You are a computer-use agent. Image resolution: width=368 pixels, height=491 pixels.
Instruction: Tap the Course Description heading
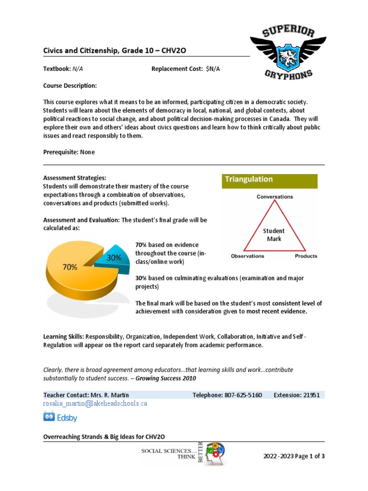pyautogui.click(x=70, y=86)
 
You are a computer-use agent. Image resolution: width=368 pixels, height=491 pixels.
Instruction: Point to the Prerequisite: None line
pyautogui.click(x=69, y=152)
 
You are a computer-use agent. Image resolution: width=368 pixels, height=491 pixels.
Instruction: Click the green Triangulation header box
pyautogui.click(x=269, y=180)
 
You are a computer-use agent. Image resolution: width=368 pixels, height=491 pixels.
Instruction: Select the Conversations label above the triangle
pyautogui.click(x=275, y=197)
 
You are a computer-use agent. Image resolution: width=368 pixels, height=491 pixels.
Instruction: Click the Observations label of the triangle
pyautogui.click(x=248, y=256)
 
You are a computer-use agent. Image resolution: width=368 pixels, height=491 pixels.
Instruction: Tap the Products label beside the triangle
pyautogui.click(x=306, y=256)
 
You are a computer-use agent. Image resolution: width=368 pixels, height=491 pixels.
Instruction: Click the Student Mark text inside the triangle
pyautogui.click(x=274, y=234)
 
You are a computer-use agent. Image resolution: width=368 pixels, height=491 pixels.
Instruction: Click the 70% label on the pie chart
pyautogui.click(x=69, y=267)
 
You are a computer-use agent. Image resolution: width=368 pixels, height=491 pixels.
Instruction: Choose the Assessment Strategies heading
pyautogui.click(x=75, y=177)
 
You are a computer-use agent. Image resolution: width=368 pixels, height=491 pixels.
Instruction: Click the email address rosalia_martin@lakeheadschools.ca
pyautogui.click(x=95, y=404)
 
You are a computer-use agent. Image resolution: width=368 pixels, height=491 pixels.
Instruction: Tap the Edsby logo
pyautogui.click(x=60, y=417)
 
